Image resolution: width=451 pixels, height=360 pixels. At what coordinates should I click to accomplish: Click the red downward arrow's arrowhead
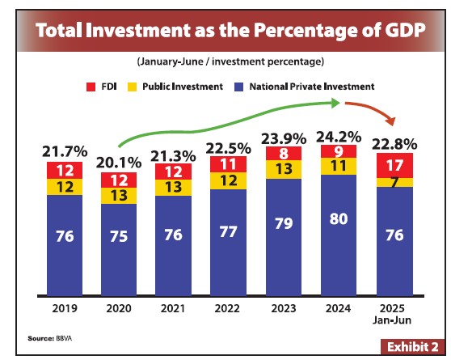click(x=391, y=123)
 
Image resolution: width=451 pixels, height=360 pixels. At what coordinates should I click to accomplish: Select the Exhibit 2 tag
click(x=411, y=345)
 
